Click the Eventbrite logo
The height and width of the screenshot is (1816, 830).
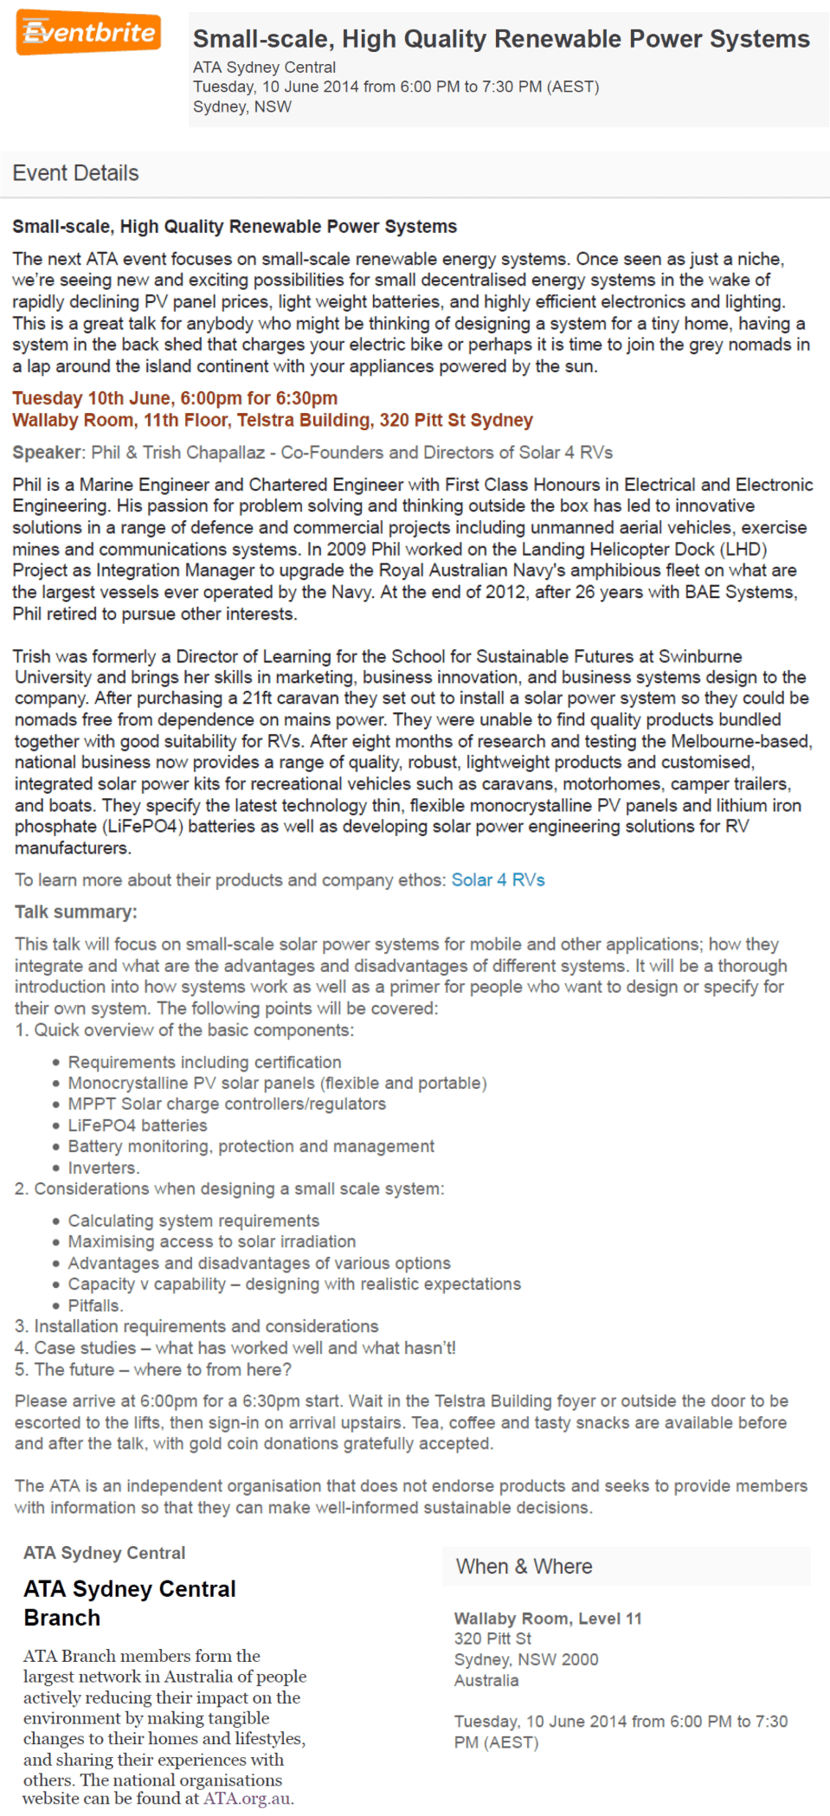[88, 34]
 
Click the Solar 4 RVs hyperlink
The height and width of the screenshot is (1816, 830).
[498, 880]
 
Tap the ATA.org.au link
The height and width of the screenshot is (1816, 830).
[247, 1798]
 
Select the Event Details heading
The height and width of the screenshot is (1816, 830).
[75, 173]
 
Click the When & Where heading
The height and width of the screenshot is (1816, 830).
[524, 1567]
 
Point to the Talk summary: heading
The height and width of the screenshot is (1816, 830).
[76, 912]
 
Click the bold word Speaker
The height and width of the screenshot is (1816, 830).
[47, 453]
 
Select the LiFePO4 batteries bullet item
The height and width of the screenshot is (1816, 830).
[138, 1125]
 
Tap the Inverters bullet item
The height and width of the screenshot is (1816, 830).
[104, 1168]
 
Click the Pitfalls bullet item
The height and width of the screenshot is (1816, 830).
[96, 1305]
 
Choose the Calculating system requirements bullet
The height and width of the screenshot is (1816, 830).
[194, 1220]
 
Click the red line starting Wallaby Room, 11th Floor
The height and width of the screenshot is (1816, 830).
[273, 421]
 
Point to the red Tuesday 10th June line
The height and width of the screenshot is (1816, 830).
[175, 398]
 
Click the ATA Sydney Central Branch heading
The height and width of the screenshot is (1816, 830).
[130, 1603]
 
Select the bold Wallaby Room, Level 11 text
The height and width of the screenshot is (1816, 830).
[548, 1619]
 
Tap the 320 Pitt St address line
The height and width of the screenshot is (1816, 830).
[492, 1639]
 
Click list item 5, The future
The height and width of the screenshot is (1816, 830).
[153, 1369]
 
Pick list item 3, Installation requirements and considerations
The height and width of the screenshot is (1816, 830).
[196, 1326]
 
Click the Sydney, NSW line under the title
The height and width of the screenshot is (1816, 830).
[242, 106]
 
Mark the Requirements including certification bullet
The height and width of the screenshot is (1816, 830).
[204, 1062]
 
